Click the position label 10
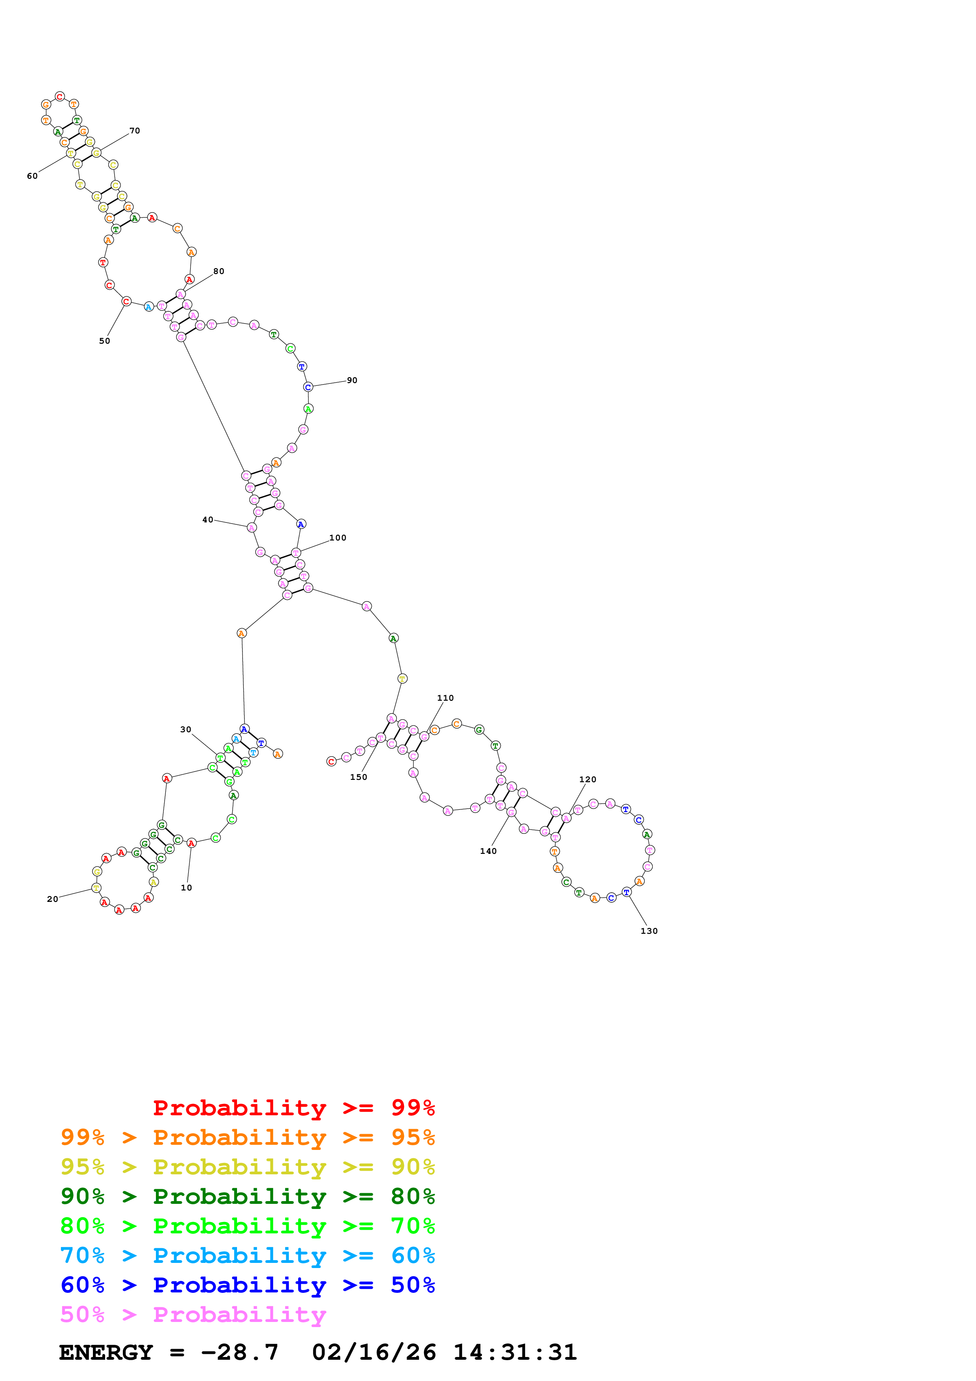[186, 888]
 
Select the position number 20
[53, 899]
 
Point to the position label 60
[32, 176]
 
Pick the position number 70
[135, 131]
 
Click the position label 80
[219, 271]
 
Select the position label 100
[338, 538]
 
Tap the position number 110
[446, 698]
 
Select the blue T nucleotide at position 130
[627, 892]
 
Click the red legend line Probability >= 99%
[294, 1107]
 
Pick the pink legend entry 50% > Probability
[193, 1315]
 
